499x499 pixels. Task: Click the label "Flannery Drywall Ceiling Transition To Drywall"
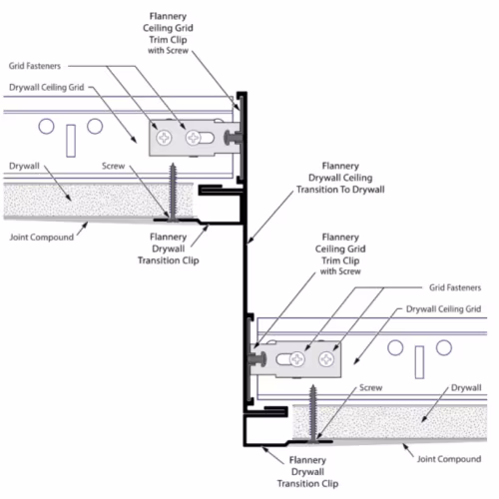(x=340, y=178)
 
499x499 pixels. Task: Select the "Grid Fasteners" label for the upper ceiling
(x=35, y=66)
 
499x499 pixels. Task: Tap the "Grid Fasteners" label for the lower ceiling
(x=455, y=287)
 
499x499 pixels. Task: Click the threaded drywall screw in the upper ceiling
(x=173, y=192)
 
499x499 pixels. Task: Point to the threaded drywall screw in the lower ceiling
(x=312, y=413)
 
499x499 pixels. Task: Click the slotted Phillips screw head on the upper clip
(x=193, y=138)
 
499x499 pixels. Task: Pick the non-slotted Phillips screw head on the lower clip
(x=326, y=359)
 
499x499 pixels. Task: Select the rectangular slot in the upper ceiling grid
(x=71, y=141)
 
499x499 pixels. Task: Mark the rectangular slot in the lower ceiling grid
(x=419, y=362)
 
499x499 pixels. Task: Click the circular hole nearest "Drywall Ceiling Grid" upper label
(x=95, y=127)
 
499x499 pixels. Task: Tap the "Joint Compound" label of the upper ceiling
(x=42, y=238)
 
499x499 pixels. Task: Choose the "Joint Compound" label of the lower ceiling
(x=449, y=459)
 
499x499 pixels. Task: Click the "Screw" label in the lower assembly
(x=370, y=387)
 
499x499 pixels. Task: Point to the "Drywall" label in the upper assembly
(x=24, y=166)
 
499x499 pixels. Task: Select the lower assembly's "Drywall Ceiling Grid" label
(x=443, y=309)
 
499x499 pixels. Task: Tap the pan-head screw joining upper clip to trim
(x=233, y=138)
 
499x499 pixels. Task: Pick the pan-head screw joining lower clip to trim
(x=257, y=359)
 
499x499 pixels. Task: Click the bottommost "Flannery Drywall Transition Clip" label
(x=307, y=472)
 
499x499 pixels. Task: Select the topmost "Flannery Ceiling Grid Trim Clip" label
(x=168, y=33)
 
